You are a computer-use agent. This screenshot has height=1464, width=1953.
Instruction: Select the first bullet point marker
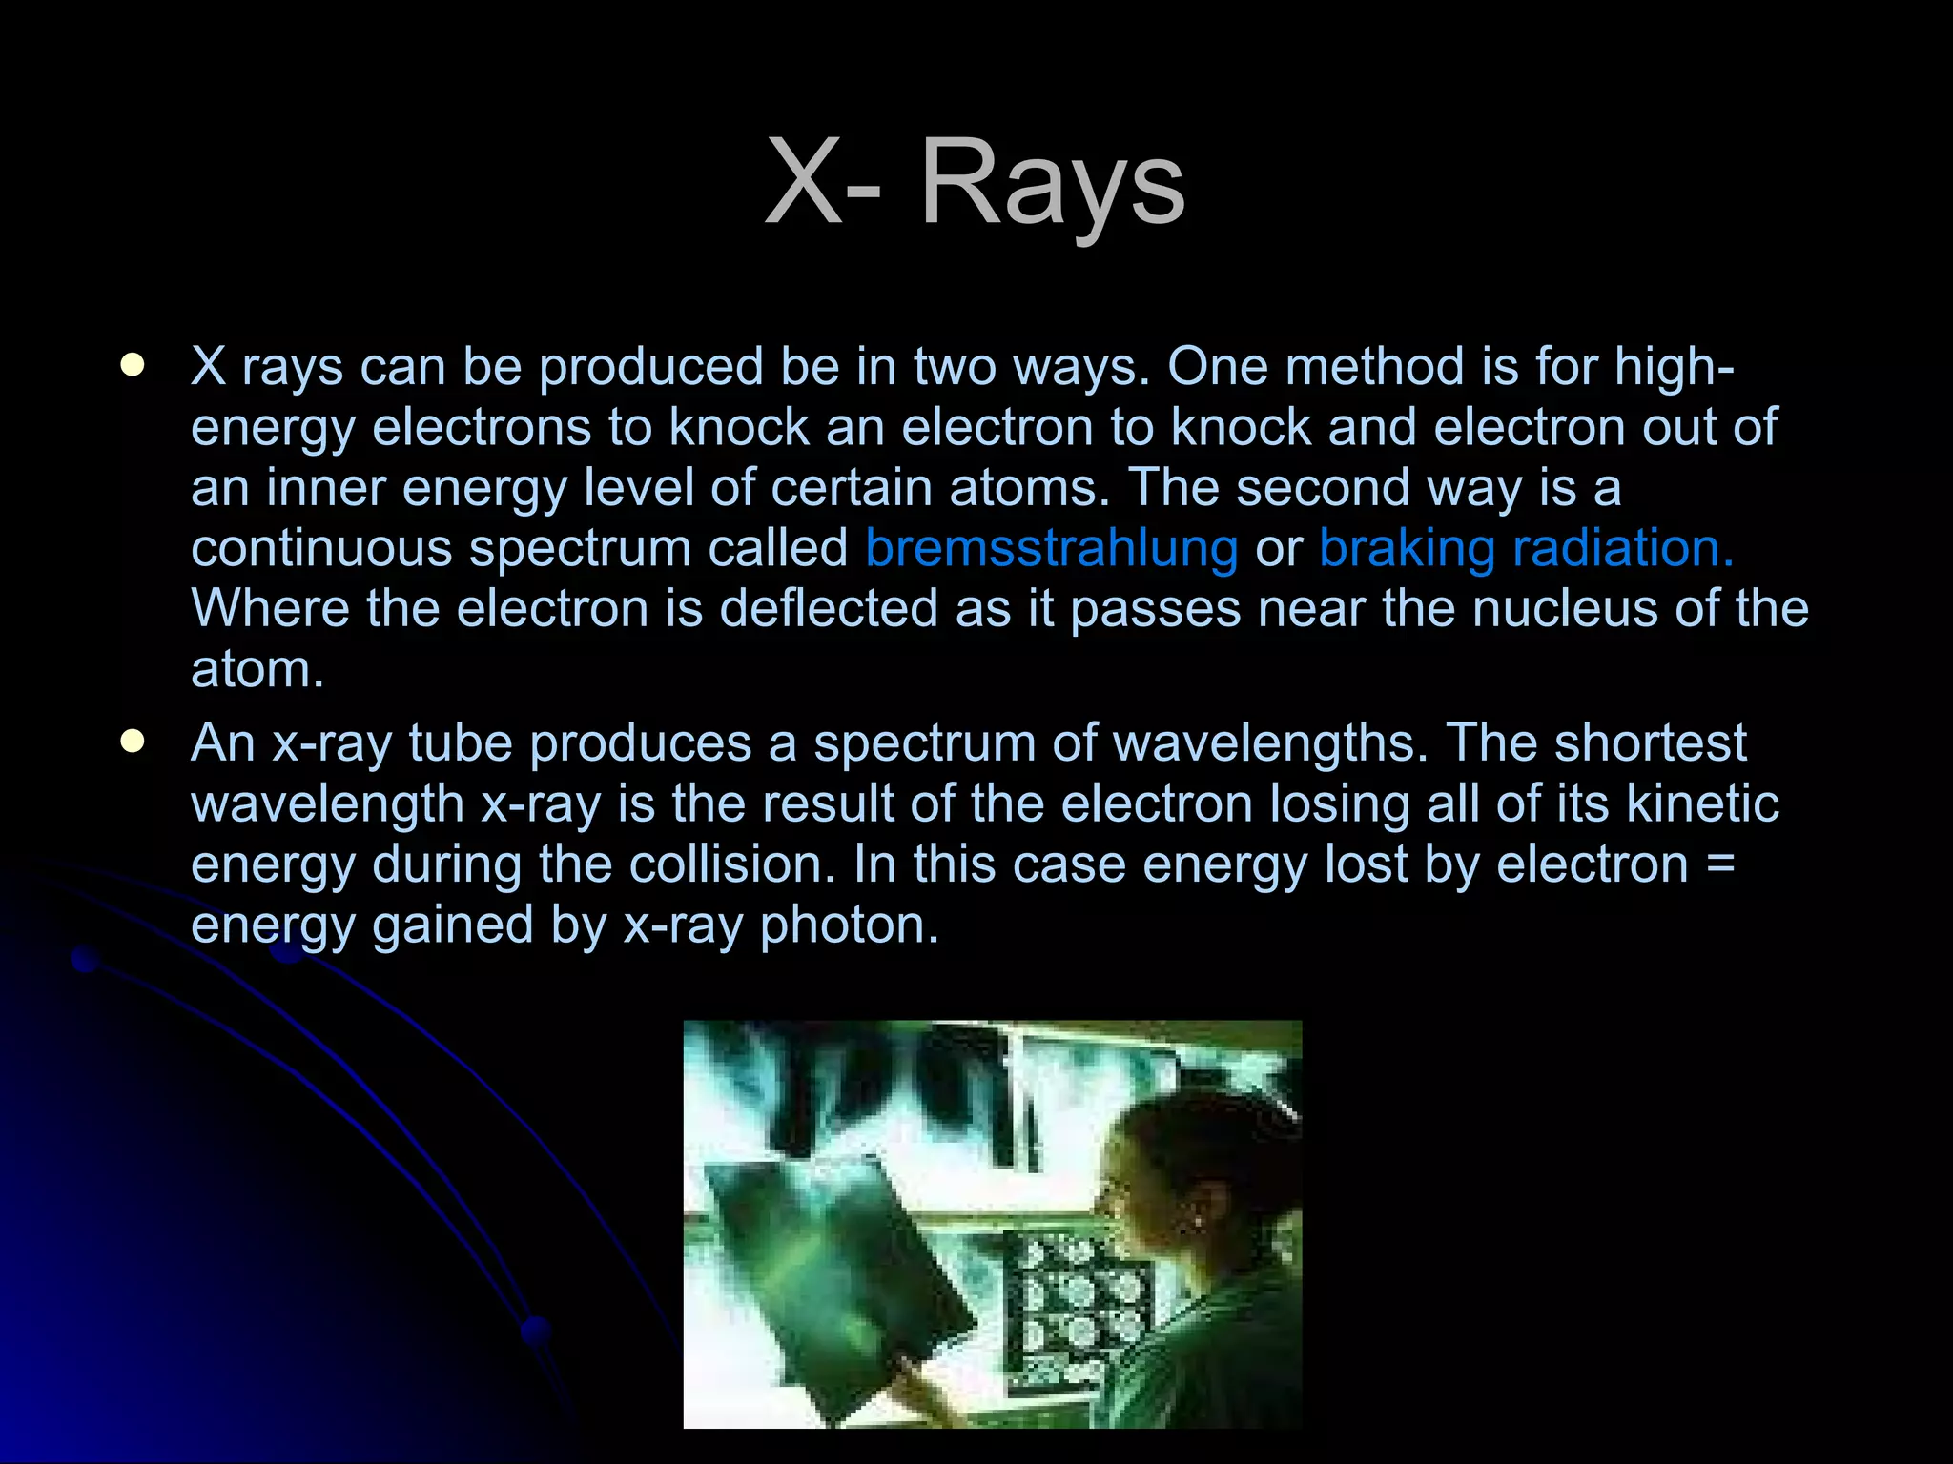coord(133,365)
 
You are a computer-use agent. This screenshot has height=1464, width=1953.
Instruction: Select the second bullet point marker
coord(133,742)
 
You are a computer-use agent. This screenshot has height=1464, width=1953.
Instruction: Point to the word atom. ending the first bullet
coord(257,669)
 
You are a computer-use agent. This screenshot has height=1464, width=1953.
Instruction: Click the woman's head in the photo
coord(1182,1172)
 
